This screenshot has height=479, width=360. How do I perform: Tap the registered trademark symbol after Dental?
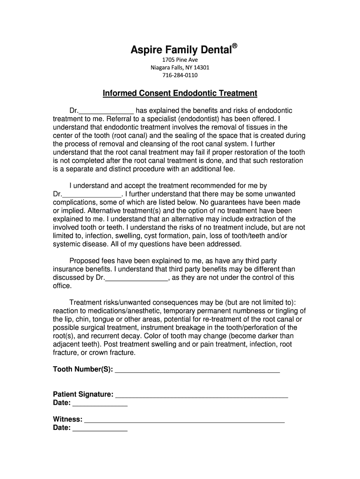[x=235, y=46]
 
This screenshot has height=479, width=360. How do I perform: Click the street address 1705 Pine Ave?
[x=180, y=60]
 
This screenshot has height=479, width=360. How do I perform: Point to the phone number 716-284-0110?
[x=180, y=75]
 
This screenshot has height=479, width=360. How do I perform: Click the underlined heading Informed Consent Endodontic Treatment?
[x=180, y=93]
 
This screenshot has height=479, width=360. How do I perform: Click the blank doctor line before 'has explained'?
[x=106, y=111]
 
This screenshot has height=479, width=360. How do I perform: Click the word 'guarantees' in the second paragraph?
[x=230, y=203]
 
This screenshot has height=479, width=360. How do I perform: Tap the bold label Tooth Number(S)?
[x=83, y=370]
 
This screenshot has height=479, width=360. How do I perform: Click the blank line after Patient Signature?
[x=201, y=395]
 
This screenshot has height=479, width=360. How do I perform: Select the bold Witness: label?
[x=68, y=419]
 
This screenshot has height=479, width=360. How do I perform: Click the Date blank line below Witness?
[x=100, y=428]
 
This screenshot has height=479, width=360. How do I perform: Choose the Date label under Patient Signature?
[x=62, y=403]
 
